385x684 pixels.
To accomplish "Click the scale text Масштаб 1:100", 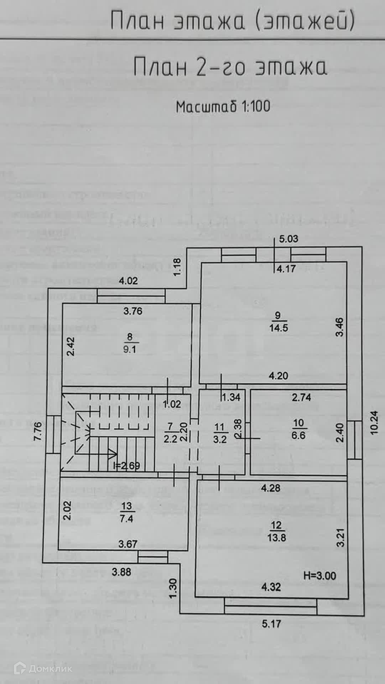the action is coord(223,106).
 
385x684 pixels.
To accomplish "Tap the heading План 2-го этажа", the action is coord(230,67).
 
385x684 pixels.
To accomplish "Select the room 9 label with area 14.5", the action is coord(278,322).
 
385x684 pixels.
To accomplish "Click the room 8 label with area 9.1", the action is coord(130,343).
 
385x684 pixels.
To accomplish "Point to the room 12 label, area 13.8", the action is coord(276,531).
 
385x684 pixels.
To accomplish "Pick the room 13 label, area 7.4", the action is coord(126,512).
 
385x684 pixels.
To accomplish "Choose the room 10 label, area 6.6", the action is coord(298,429).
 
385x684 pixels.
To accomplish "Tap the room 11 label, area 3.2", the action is coord(220,433).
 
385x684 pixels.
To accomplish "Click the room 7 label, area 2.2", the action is coord(170,433).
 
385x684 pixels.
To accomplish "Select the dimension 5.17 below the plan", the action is coord(271,623).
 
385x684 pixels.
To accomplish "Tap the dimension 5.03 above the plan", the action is coord(288,239).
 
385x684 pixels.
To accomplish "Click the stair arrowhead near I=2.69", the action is coord(113,454).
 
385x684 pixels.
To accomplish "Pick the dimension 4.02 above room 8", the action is coord(128,281).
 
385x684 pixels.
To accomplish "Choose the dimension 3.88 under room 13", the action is coord(121,572).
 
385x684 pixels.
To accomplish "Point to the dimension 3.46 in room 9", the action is coord(340,327).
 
